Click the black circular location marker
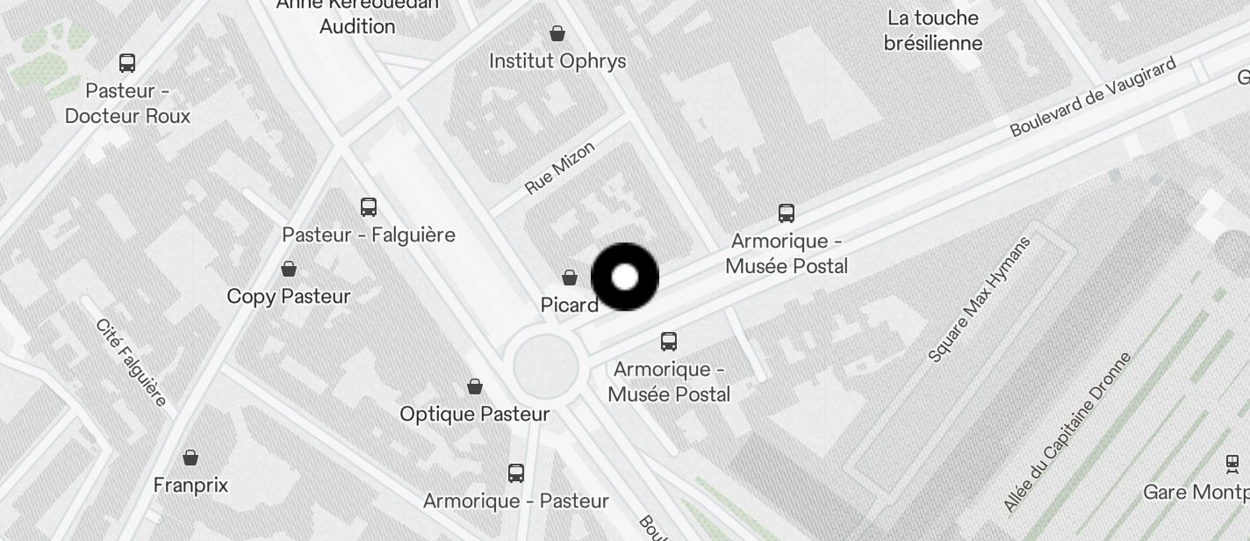[x=625, y=278]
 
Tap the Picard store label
[x=570, y=305]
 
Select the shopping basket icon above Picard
[x=570, y=278]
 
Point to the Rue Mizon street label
[x=560, y=168]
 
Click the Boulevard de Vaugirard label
[x=1093, y=98]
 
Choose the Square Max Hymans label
[x=980, y=299]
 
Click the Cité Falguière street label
[x=131, y=363]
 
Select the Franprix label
[x=190, y=485]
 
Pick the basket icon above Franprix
[x=190, y=458]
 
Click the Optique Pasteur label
[x=475, y=414]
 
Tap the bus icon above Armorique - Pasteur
[x=516, y=473]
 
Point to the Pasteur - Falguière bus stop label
[x=369, y=234]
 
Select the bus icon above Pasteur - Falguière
[x=369, y=207]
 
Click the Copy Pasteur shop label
[x=289, y=296]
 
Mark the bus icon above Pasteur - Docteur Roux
[x=127, y=63]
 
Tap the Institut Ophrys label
[x=557, y=61]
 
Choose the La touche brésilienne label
[x=932, y=31]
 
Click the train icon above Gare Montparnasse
[x=1232, y=464]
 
